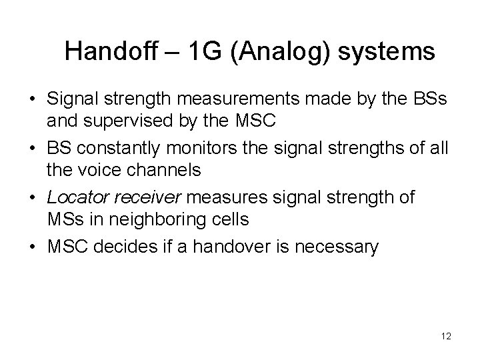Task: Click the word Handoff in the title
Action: [x=109, y=51]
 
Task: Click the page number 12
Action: [x=446, y=337]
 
